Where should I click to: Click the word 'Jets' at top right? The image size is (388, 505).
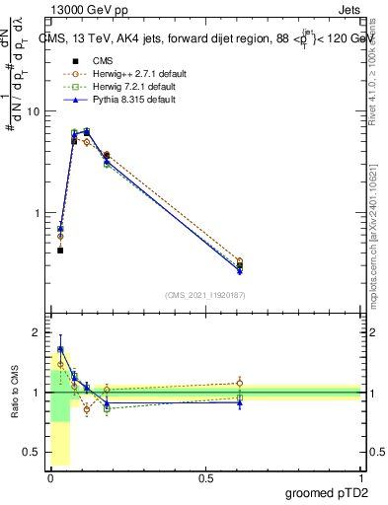tap(346, 9)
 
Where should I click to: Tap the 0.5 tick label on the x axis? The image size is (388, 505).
tap(205, 477)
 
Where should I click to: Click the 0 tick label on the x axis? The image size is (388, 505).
tap(50, 477)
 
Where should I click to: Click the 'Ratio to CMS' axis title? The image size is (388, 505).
tap(15, 393)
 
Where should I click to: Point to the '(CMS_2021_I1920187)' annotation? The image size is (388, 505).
tap(205, 294)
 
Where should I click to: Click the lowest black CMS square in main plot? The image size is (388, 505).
tap(60, 251)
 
